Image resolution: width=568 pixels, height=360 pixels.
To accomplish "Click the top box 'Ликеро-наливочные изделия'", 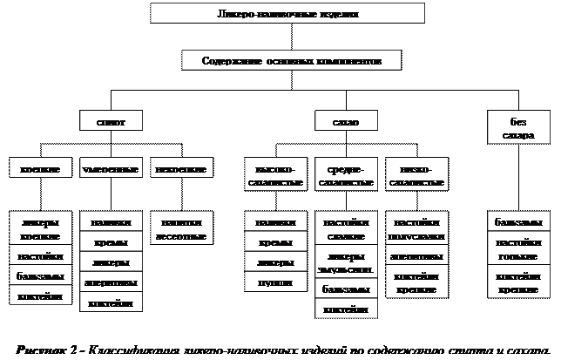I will click(287, 14).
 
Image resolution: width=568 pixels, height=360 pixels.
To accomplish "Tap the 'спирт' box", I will click(111, 123).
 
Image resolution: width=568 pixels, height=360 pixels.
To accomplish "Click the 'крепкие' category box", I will click(40, 168).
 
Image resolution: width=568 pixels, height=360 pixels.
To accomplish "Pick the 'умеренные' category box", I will click(111, 168).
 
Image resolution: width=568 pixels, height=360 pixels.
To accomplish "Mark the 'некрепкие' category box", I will click(179, 168).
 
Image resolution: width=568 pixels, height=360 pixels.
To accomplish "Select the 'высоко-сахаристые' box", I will click(275, 175).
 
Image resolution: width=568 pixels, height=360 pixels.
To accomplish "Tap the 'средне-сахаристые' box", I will click(345, 175).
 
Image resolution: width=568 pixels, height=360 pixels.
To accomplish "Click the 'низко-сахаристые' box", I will click(416, 175).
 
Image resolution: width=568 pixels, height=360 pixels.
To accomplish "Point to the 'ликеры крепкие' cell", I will click(40, 229).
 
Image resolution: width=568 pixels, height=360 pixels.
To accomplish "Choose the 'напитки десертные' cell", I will click(179, 229).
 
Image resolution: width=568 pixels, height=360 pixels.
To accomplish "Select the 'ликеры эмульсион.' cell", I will click(345, 263).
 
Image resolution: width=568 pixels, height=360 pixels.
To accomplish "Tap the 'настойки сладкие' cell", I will click(345, 229).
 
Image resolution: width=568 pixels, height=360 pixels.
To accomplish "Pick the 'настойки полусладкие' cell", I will click(416, 229).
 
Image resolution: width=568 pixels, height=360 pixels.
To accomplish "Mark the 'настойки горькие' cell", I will click(517, 248).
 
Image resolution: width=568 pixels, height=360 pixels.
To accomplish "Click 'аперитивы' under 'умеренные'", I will click(111, 282).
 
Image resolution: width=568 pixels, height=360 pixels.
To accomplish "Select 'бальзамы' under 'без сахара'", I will click(517, 222).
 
